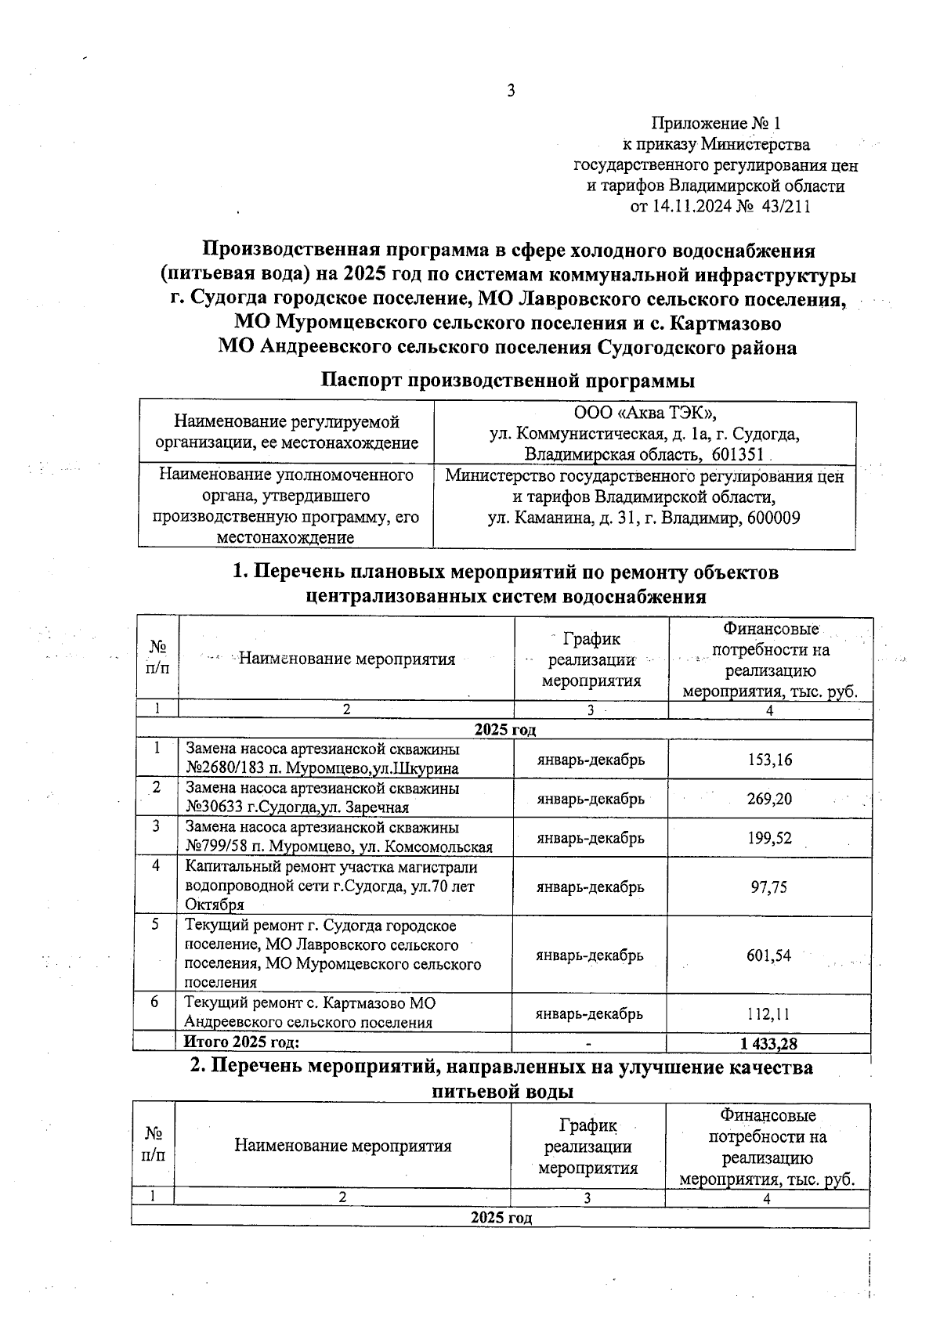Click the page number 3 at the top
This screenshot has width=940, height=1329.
coord(511,92)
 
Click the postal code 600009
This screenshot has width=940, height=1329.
coord(773,518)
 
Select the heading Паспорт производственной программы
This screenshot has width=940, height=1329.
coord(508,381)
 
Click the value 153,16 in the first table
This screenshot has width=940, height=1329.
coord(770,760)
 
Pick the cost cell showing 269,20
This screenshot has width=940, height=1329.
coord(770,799)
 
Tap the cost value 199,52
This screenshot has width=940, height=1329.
coord(770,838)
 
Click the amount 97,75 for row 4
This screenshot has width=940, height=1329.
coord(769,887)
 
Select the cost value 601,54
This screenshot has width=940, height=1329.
coord(769,955)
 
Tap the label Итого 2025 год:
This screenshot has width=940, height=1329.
coord(241,1042)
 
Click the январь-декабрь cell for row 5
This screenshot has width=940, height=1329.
coord(590,955)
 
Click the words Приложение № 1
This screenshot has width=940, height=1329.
coord(716,123)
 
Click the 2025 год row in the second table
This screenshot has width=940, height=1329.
coord(501,1219)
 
